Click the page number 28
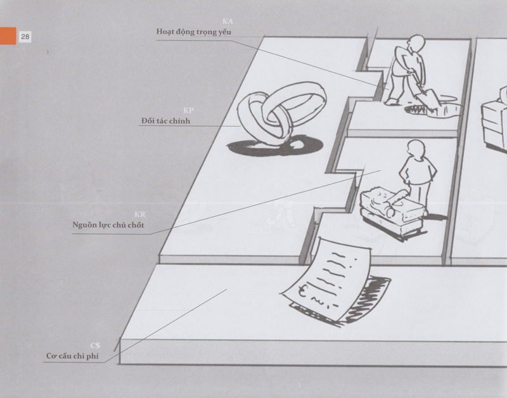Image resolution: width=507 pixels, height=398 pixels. pos(25,37)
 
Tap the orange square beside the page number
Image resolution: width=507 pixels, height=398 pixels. pos(8,36)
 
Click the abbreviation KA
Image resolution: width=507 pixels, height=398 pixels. pos(228,22)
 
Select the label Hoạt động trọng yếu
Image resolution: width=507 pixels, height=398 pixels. pos(194,32)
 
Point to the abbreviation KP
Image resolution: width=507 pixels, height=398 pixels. pos(188,110)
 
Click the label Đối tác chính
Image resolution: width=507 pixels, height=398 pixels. pos(165,121)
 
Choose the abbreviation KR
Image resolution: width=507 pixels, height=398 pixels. pos(140,214)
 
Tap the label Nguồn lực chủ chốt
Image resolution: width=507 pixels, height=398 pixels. pos(108,225)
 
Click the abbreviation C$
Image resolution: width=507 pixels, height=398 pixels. pos(96,345)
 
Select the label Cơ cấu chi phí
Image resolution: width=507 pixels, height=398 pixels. pos(72,356)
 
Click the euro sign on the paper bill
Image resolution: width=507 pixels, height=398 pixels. pos(302,291)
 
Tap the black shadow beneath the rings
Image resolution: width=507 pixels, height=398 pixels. pos(275,146)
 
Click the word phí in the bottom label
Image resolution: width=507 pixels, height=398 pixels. pos(93,356)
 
